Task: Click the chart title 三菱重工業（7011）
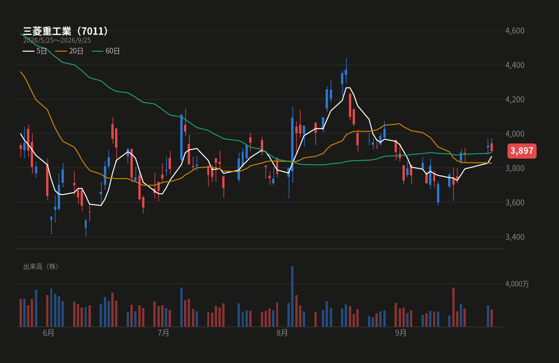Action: tap(65, 31)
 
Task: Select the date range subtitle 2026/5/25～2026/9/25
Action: tap(57, 40)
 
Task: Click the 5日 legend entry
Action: tap(34, 51)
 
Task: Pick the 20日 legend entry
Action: tap(69, 51)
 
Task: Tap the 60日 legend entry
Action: tap(106, 51)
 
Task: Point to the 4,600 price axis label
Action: tap(515, 31)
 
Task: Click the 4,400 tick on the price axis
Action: tap(515, 65)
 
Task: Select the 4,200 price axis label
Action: tap(515, 100)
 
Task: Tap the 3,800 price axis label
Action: tap(515, 168)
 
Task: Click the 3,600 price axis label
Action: tap(515, 202)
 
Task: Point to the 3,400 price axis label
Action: tap(515, 237)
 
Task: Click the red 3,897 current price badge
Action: tap(522, 151)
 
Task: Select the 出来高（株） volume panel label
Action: tap(41, 267)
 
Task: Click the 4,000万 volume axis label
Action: tap(517, 284)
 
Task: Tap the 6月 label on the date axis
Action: tap(48, 333)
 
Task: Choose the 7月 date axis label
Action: tap(164, 333)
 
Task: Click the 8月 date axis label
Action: tap(282, 333)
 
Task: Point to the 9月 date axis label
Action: tap(401, 333)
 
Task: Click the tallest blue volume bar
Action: tap(292, 296)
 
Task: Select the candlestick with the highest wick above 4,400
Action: tap(346, 72)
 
